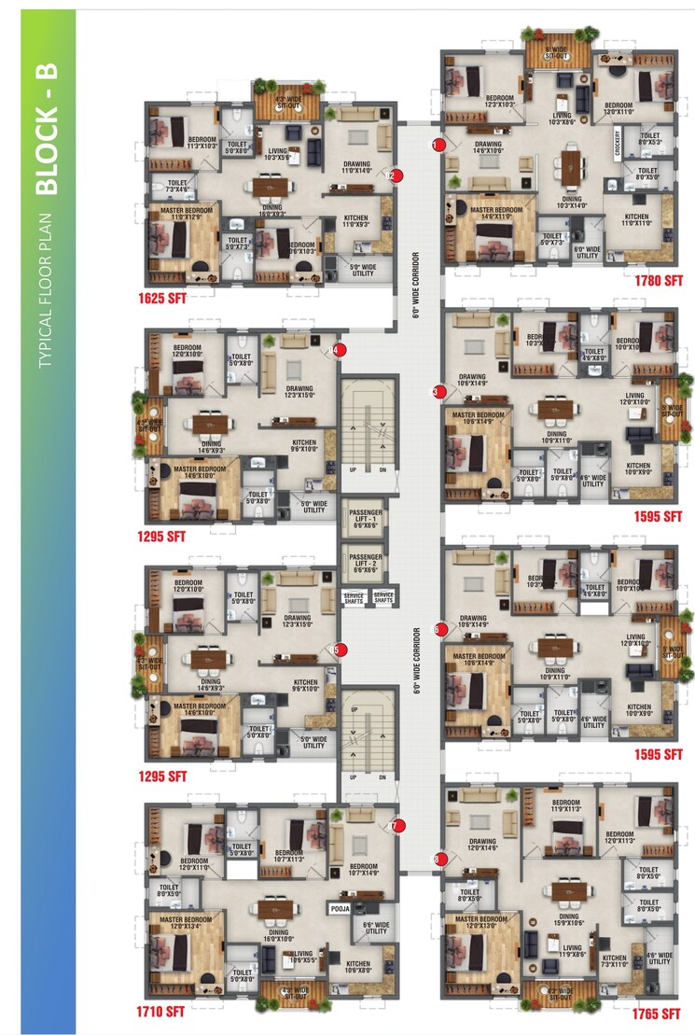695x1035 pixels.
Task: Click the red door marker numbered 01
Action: coord(436,144)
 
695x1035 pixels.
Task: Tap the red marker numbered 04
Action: coord(340,351)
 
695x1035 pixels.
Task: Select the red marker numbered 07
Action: coord(396,825)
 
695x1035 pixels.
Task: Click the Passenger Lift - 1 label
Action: coord(367,519)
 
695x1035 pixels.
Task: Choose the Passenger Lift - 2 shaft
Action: coord(367,562)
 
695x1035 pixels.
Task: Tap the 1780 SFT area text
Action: coord(654,281)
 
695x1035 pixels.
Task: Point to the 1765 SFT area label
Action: coord(653,1014)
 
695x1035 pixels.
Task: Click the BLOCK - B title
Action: coord(49,150)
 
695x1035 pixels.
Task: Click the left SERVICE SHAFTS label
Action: coord(354,598)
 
